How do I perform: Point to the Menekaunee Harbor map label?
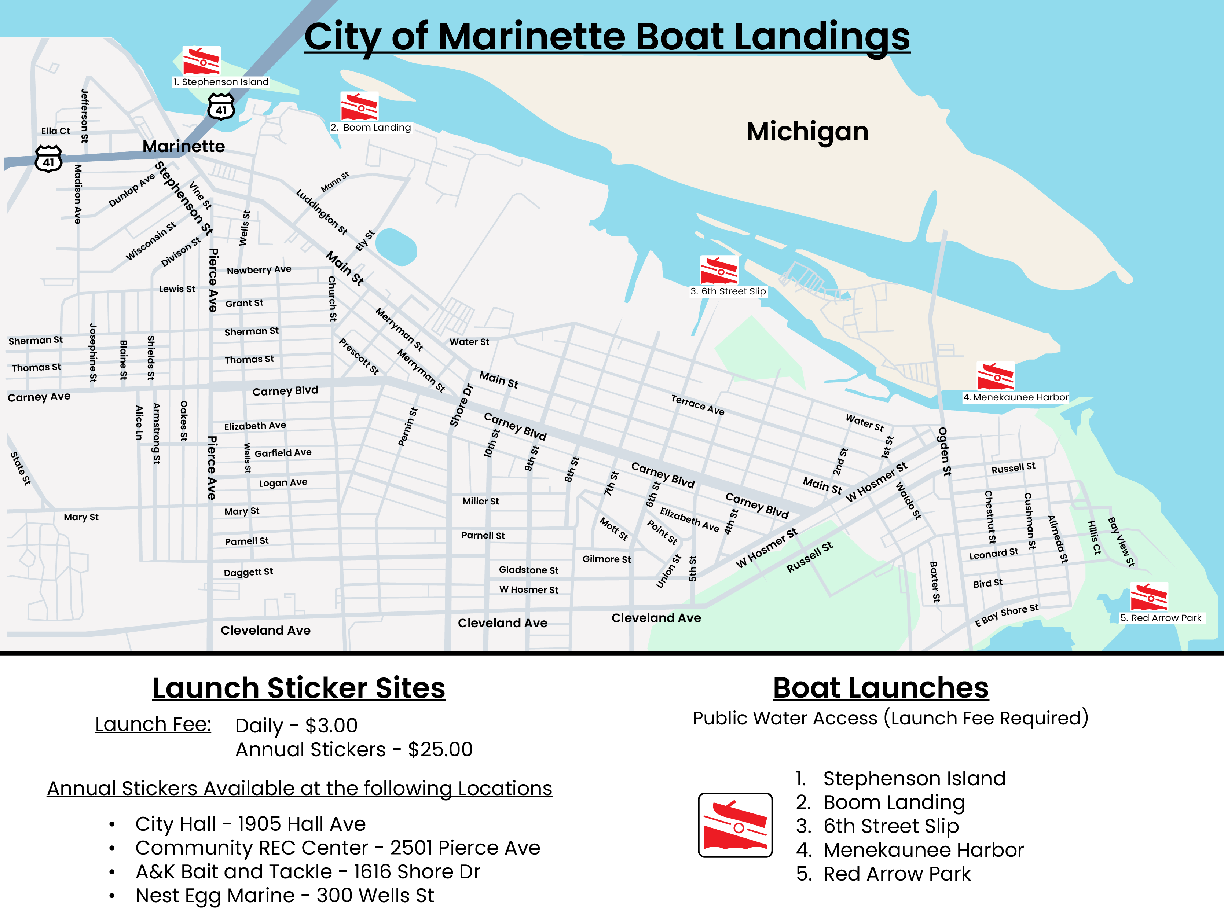[1015, 397]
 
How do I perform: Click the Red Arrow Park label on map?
[1161, 618]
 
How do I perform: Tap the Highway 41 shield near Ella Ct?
[48, 159]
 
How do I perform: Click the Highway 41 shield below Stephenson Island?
[221, 107]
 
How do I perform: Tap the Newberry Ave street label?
[259, 270]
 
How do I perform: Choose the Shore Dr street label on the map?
[461, 405]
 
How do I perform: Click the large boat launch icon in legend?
[735, 825]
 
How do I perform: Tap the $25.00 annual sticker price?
[440, 749]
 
